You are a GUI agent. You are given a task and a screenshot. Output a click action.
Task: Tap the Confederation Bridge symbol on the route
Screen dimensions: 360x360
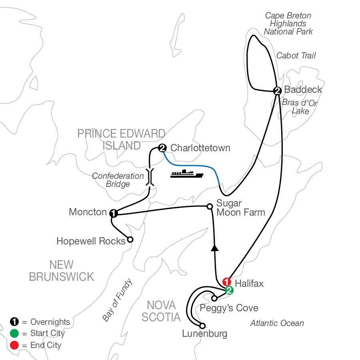click(x=150, y=176)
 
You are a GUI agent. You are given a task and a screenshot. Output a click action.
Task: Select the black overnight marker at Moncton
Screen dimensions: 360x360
click(x=114, y=213)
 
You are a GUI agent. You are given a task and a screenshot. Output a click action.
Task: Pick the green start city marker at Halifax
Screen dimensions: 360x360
click(x=229, y=290)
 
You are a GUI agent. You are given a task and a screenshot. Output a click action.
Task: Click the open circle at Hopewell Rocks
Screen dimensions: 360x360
click(x=130, y=240)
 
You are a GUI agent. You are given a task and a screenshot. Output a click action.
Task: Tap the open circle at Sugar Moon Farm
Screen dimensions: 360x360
click(x=209, y=206)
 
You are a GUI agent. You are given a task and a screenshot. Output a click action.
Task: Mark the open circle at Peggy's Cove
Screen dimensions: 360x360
click(x=214, y=298)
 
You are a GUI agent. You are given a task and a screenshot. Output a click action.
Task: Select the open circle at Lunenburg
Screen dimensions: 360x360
click(x=202, y=326)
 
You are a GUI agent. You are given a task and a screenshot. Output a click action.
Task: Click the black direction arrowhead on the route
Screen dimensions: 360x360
click(x=215, y=248)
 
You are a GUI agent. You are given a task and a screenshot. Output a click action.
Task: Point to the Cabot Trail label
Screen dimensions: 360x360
click(x=296, y=56)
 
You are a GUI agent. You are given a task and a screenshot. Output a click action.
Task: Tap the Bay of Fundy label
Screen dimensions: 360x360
click(x=117, y=300)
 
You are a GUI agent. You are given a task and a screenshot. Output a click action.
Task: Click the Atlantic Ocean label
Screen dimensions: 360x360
click(x=277, y=323)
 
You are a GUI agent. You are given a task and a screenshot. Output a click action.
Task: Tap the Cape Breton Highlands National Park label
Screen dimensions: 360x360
click(x=288, y=24)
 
